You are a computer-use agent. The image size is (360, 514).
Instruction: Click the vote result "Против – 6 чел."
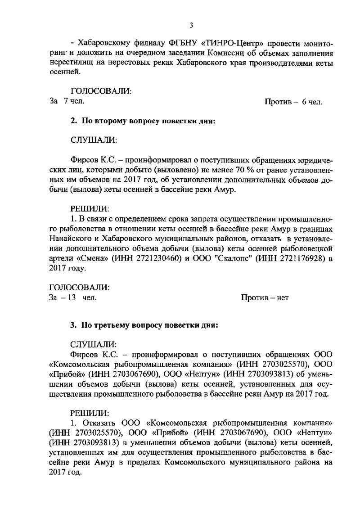click(293, 102)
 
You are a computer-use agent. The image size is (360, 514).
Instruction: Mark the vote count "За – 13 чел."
click(72, 298)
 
